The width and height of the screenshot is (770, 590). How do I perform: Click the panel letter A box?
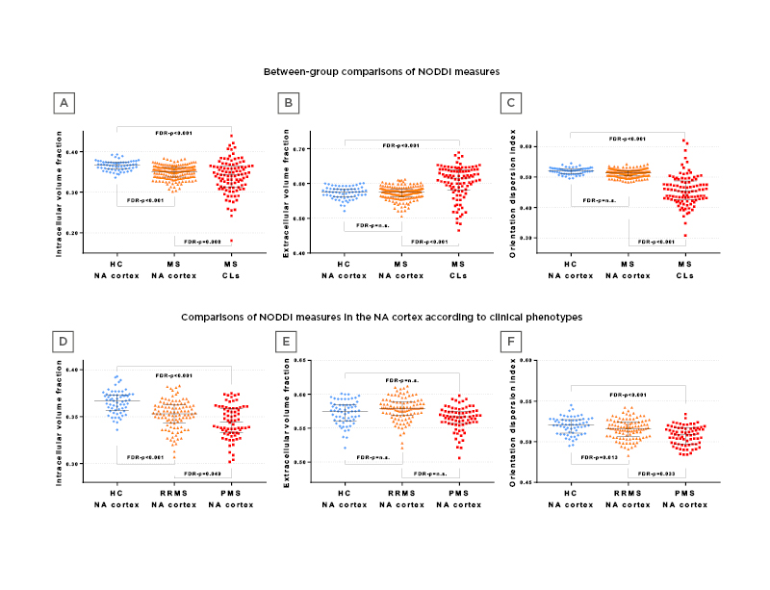pyautogui.click(x=64, y=102)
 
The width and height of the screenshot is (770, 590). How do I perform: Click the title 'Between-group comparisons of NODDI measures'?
pyautogui.click(x=382, y=71)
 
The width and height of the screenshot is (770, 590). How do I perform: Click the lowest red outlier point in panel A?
pyautogui.click(x=231, y=240)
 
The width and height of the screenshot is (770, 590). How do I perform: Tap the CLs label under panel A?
pyautogui.click(x=230, y=275)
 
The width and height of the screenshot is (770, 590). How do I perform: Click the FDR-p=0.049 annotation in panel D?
pyautogui.click(x=201, y=474)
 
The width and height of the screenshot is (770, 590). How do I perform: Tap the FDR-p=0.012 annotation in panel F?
pyautogui.click(x=599, y=457)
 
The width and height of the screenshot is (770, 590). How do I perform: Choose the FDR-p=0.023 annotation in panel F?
pyautogui.click(x=654, y=474)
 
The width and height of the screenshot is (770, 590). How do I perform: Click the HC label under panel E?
pyautogui.click(x=344, y=493)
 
